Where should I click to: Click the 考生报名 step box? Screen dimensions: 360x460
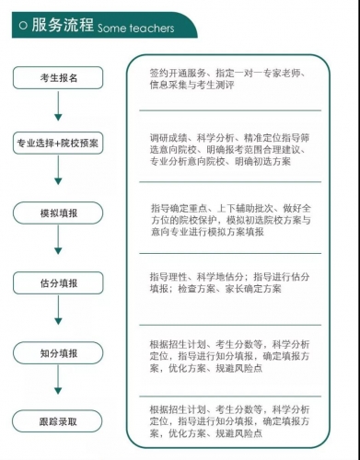pos(59,77)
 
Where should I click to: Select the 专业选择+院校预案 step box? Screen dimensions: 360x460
pos(59,144)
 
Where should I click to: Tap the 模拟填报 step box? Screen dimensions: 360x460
pos(59,213)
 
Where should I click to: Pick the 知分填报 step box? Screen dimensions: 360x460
pos(59,353)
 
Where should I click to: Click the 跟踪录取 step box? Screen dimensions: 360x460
pos(59,422)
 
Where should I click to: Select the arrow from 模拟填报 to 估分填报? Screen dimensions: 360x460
pos(59,246)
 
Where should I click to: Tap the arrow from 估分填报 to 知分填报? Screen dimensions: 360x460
pos(59,317)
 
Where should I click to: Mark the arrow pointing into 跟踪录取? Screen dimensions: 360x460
pos(59,386)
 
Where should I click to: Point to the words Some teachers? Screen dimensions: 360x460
pos(135,29)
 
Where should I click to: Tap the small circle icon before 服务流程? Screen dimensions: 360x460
pos(20,26)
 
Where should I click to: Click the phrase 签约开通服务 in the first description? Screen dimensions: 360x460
pos(177,72)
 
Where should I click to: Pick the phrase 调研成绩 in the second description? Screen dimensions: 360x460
pos(167,138)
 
